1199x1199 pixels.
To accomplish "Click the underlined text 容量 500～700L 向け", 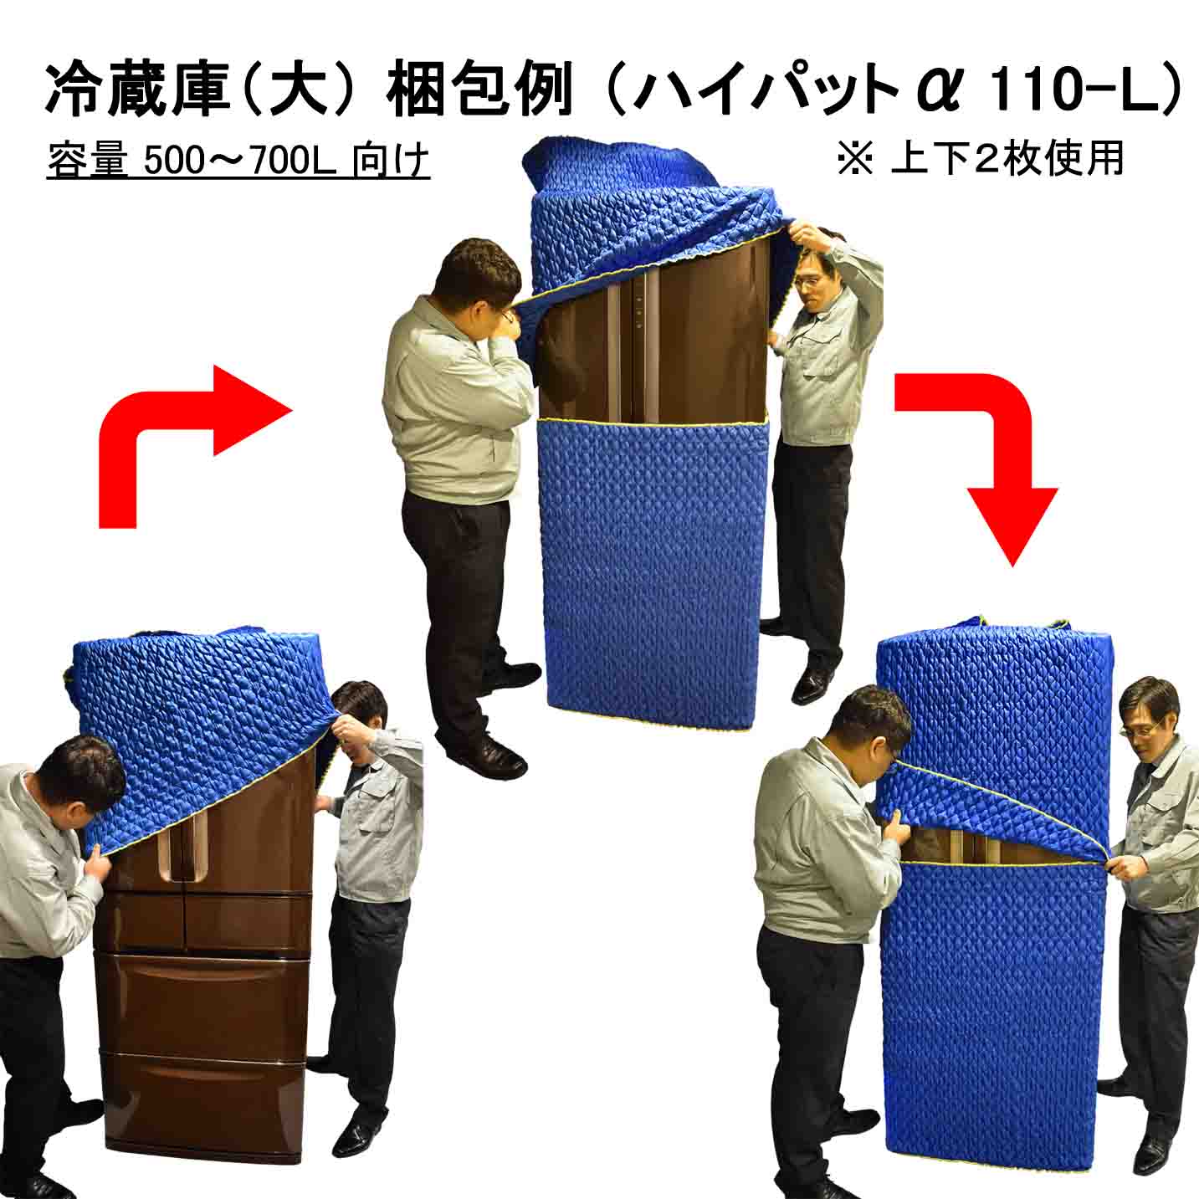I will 238,161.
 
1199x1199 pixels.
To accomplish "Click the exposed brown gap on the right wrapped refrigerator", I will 987,845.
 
